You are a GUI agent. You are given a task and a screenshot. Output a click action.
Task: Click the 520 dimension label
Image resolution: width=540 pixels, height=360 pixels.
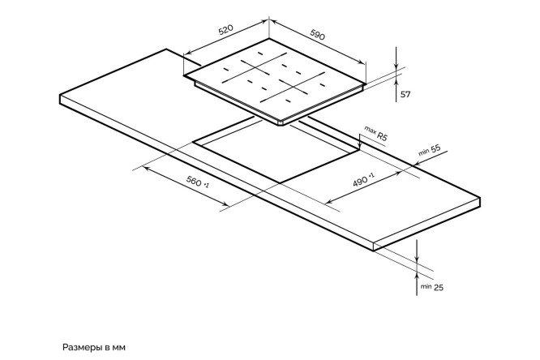point(226,30)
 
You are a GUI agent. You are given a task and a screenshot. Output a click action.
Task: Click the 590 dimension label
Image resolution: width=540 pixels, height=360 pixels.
point(318,34)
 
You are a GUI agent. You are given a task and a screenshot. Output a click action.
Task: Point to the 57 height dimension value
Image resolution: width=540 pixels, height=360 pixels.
point(405,94)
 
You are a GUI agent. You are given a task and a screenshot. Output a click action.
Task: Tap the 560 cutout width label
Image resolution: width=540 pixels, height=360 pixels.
point(197,181)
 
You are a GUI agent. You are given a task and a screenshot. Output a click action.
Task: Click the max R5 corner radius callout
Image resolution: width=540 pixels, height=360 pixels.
point(375,133)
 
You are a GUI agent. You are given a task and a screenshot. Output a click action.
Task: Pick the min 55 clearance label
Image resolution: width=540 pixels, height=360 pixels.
point(429,150)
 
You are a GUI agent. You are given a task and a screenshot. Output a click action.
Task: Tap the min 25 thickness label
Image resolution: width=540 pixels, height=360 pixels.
point(431,287)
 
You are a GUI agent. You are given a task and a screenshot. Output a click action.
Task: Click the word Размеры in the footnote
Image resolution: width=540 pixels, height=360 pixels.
point(83,347)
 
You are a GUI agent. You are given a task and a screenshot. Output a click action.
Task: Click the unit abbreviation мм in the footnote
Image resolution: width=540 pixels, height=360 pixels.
point(119,348)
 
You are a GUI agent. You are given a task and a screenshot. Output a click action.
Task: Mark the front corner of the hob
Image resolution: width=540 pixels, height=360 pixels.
point(281,123)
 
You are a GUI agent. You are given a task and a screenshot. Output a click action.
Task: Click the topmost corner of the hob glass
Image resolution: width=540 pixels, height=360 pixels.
point(269,39)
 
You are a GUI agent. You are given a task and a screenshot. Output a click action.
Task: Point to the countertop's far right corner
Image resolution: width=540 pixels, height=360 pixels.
point(479,199)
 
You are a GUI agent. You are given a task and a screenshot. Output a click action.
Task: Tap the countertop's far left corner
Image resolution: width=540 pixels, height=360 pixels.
point(60,95)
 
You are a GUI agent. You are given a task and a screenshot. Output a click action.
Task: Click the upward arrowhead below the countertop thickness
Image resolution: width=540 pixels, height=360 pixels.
point(417,275)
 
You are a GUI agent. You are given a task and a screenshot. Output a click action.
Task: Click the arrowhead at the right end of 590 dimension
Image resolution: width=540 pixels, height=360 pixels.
point(362,62)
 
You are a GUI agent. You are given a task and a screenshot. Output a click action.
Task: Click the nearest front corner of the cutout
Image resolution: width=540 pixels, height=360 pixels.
point(281,183)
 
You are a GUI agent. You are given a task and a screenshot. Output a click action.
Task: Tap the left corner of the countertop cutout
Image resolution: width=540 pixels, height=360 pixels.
point(193,142)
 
